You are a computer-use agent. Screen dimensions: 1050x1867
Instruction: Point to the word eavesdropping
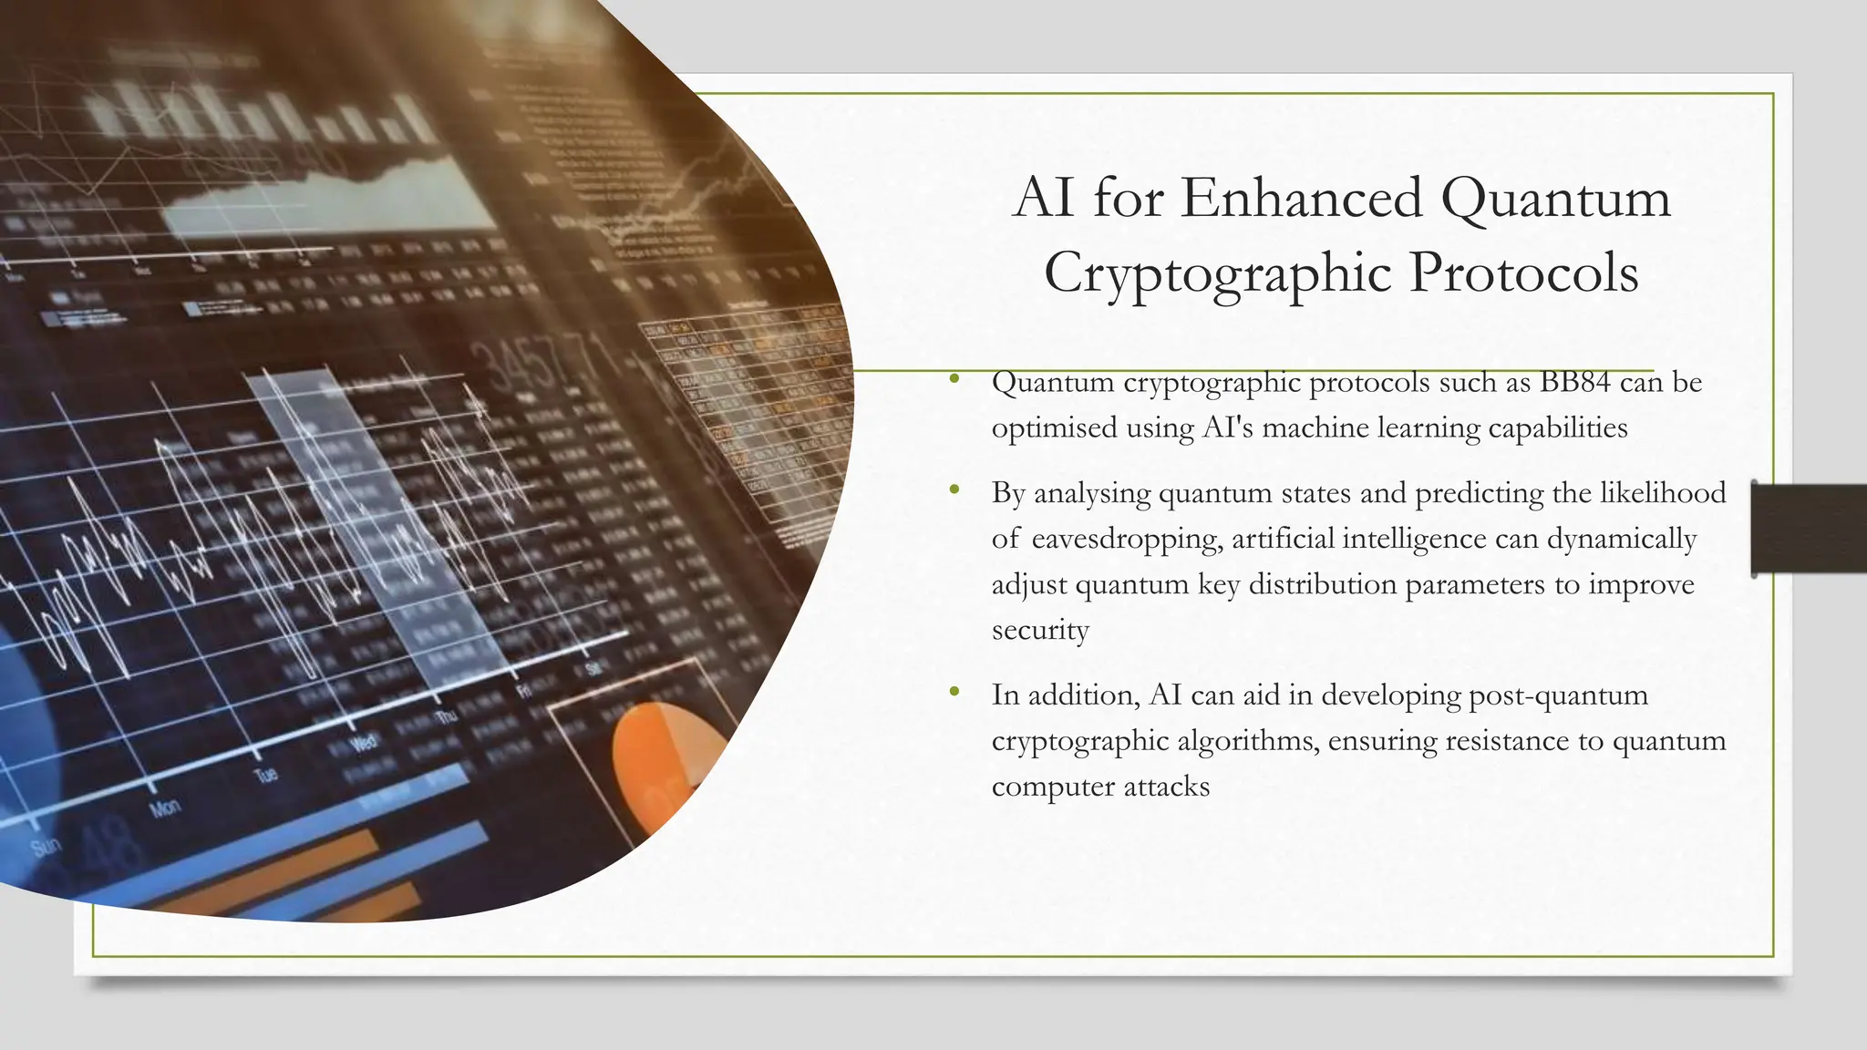(1127, 540)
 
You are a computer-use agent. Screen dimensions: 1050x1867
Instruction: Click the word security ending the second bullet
(1040, 630)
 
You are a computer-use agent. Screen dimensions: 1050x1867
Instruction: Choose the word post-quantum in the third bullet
(1559, 695)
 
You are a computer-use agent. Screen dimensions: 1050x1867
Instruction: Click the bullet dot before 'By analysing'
(954, 490)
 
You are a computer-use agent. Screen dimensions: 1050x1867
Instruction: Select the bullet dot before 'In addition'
(954, 693)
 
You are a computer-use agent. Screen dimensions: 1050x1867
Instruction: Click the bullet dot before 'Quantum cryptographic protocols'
(954, 379)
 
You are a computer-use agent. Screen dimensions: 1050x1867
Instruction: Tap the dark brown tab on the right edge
(1809, 530)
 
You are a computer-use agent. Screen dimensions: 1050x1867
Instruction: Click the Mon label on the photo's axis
(165, 808)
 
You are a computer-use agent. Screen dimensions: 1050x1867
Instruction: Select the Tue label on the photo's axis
(265, 776)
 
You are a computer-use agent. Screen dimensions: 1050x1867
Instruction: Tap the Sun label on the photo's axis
(46, 847)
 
